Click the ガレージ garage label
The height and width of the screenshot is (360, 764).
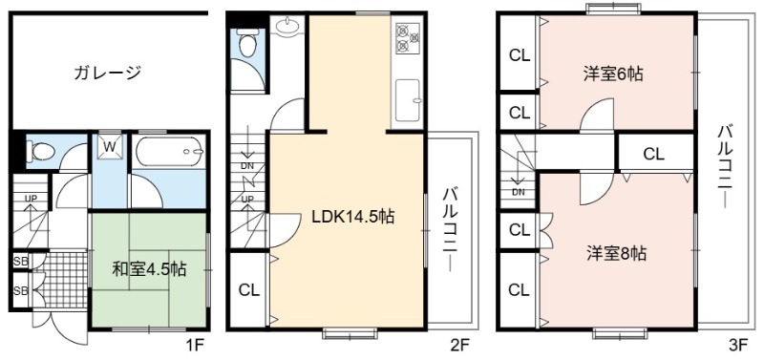click(108, 73)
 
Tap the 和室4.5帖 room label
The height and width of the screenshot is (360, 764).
click(150, 269)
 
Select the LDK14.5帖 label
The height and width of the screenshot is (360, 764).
click(352, 217)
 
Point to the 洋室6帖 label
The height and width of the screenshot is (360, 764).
click(613, 74)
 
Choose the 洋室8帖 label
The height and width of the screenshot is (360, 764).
click(616, 253)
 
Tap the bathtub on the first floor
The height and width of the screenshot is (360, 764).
click(170, 152)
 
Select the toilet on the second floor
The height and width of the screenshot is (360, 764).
click(247, 45)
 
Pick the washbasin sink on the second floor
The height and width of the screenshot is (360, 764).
click(287, 27)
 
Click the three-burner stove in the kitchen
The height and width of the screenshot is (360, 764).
click(408, 37)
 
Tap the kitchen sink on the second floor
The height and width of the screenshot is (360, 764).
click(408, 100)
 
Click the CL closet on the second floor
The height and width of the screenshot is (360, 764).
click(249, 290)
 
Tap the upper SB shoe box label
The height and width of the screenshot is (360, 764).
click(21, 263)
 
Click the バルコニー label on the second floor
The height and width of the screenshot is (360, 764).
click(450, 230)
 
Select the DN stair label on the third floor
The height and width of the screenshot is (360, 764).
click(519, 191)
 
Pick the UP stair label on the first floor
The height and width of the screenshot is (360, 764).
click(31, 198)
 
